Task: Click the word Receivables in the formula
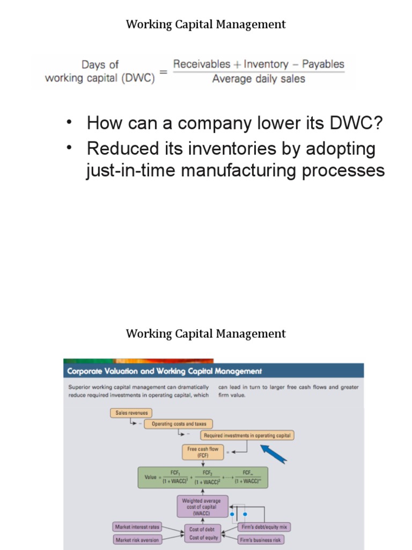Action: point(201,64)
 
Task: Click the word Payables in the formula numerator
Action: point(323,64)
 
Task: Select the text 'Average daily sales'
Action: point(259,79)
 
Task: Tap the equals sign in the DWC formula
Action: point(163,72)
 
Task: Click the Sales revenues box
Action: point(131,413)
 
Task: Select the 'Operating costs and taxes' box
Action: point(179,424)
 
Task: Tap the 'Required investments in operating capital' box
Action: point(247,435)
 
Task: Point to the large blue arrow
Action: point(274,452)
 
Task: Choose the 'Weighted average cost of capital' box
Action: point(202,506)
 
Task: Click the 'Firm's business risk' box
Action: point(261,539)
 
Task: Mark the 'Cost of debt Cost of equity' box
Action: point(204,533)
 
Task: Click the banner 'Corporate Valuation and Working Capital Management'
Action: point(164,371)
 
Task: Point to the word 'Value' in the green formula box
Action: point(151,476)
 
